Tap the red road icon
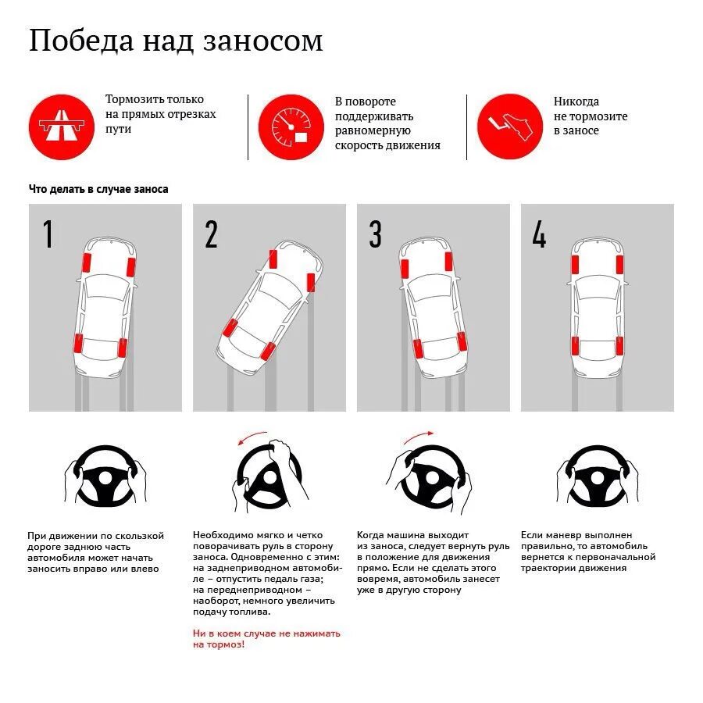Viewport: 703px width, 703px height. point(55,127)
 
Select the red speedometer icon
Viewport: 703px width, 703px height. point(291,127)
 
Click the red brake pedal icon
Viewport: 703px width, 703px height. point(509,127)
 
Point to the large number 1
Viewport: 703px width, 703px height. point(48,234)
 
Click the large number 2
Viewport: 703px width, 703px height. point(211,234)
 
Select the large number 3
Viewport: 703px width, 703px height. point(376,234)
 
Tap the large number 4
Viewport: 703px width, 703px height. point(539,234)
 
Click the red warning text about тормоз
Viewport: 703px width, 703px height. point(266,639)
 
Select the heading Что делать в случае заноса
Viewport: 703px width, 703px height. point(98,189)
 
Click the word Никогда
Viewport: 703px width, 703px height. point(576,102)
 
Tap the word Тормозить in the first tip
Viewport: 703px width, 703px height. point(133,99)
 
